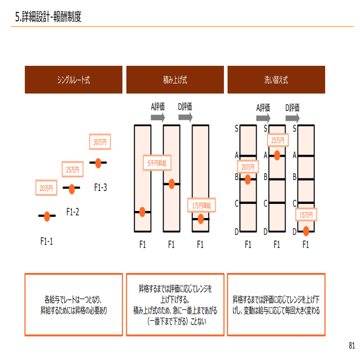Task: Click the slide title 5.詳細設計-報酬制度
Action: click(x=48, y=17)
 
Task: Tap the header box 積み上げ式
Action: click(x=175, y=79)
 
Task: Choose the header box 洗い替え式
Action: click(x=276, y=79)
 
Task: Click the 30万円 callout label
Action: click(x=100, y=142)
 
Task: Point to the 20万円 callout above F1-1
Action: click(x=46, y=189)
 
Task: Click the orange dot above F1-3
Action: click(x=98, y=162)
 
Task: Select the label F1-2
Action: click(x=72, y=212)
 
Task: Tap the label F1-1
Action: click(x=47, y=240)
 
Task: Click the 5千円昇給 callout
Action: click(x=157, y=163)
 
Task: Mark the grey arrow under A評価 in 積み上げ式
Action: click(x=158, y=117)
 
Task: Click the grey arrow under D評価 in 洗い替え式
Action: click(x=292, y=117)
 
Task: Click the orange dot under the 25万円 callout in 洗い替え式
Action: click(x=277, y=155)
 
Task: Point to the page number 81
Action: click(x=351, y=345)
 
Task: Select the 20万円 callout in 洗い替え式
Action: click(x=248, y=167)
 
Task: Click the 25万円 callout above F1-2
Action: click(x=73, y=170)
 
